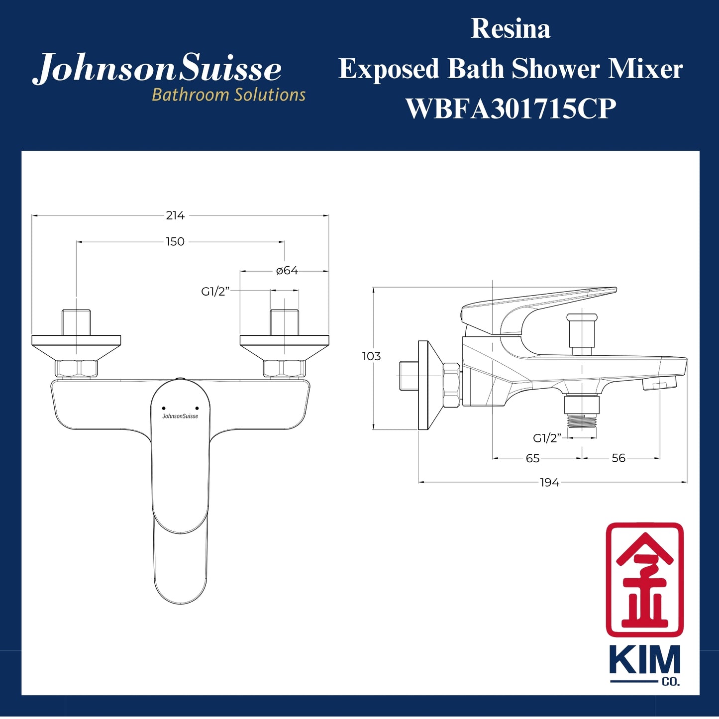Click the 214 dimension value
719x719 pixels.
pos(175,215)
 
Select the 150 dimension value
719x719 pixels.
pos(175,242)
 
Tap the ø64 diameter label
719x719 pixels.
pos(287,271)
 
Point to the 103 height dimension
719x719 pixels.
pos(371,356)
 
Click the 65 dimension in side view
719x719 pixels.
pos(532,458)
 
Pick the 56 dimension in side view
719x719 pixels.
pos(618,458)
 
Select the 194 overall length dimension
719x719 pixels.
pos(550,483)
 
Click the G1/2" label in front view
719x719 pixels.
pos(215,292)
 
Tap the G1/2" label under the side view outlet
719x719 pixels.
pos(547,438)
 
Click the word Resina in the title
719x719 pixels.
pos(511,29)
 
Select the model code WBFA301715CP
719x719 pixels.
pos(511,108)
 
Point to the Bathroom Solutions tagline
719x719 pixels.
pos(228,95)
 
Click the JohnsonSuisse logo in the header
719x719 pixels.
pos(157,68)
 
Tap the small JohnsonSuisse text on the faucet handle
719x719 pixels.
pos(180,416)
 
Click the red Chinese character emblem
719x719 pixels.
pos(644,579)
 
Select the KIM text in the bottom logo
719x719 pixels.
pos(644,660)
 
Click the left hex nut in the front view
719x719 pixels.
pos(76,369)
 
